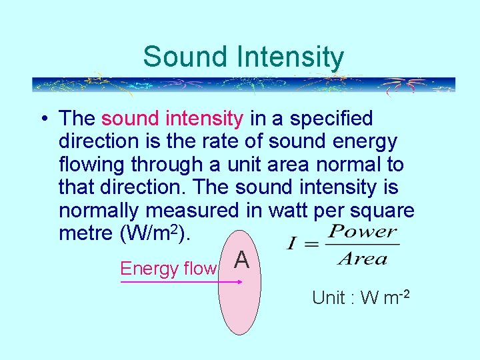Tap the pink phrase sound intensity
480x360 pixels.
pyautogui.click(x=172, y=119)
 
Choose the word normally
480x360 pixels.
pyautogui.click(x=99, y=211)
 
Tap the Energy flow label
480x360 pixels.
pyautogui.click(x=168, y=269)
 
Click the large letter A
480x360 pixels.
pyautogui.click(x=242, y=260)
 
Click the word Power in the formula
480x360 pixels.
pyautogui.click(x=363, y=233)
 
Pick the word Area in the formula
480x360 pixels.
pyautogui.click(x=362, y=258)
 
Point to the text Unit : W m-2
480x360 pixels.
pyautogui.click(x=360, y=297)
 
